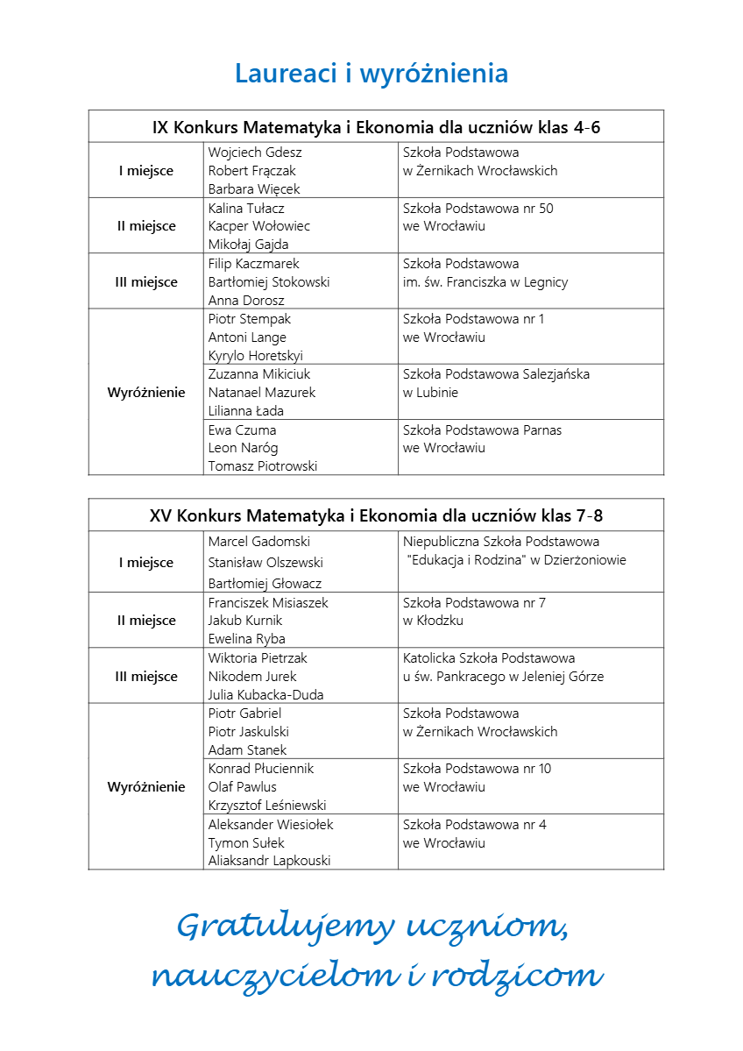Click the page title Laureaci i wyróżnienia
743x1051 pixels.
coord(371,74)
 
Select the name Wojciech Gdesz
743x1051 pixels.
coord(255,153)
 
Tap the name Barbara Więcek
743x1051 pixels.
coord(254,189)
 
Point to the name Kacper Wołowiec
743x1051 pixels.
coord(259,226)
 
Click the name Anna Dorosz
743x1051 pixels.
coord(246,301)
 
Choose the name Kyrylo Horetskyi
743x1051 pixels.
coord(256,356)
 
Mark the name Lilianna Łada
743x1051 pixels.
coord(246,411)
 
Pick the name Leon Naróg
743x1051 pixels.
coord(243,448)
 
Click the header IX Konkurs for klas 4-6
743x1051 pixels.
coord(376,127)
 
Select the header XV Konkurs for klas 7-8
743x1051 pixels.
coord(376,515)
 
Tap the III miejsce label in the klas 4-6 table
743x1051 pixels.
coord(147,282)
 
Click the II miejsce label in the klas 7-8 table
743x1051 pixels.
coord(146,621)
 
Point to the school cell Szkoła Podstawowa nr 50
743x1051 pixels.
coord(478,217)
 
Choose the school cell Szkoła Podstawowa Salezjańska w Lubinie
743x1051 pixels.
coord(496,383)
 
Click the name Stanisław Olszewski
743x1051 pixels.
coord(265,563)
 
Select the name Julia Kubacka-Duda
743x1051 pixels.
coord(266,695)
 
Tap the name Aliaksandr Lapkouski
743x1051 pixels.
coord(270,861)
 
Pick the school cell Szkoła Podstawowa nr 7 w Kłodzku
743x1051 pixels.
coord(474,612)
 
